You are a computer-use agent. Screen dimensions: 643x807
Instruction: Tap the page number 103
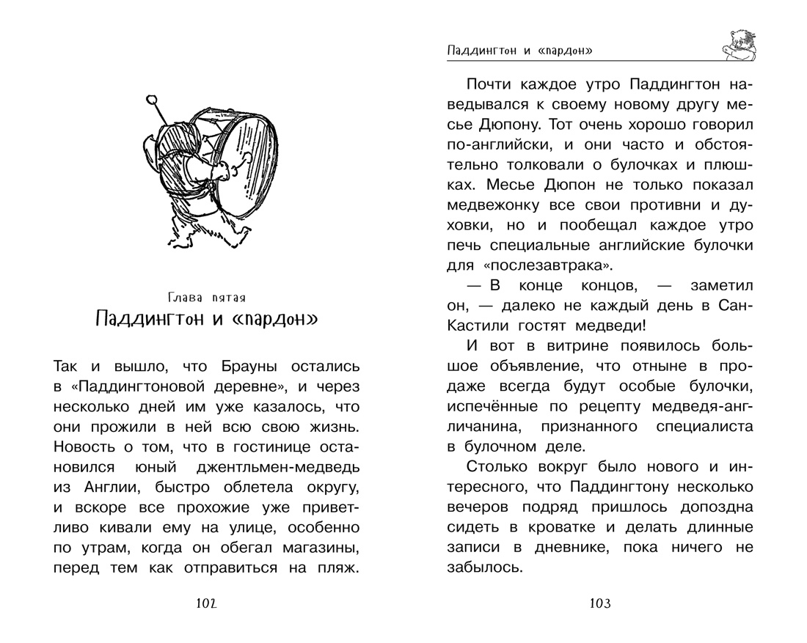point(599,603)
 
